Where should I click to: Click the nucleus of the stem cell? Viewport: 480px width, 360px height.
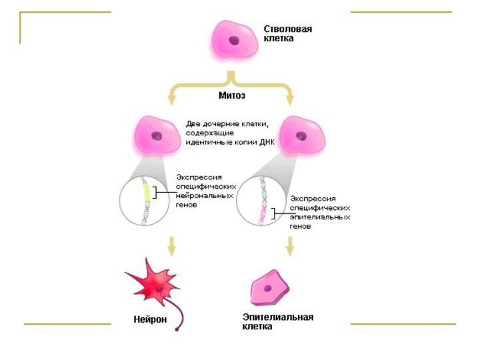pos(234,40)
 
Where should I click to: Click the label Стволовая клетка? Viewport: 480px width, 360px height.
pos(287,34)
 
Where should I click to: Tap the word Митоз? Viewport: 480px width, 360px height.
pos(232,95)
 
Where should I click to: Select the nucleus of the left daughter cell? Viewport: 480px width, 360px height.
pos(157,137)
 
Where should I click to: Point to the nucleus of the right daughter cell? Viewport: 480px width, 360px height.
pos(302,137)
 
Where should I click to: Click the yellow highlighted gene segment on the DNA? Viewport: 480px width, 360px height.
pos(146,193)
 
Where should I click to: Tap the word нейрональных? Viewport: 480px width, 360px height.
pos(205,196)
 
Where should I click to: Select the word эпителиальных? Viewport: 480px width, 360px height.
pos(320,217)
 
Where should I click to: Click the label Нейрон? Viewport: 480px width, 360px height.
pos(150,319)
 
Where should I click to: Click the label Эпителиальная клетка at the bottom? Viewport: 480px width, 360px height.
pos(277,322)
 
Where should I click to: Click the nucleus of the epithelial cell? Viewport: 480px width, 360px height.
pos(268,288)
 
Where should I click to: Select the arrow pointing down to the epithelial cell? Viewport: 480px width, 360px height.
pos(289,247)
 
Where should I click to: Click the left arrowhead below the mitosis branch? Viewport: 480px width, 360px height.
pos(171,100)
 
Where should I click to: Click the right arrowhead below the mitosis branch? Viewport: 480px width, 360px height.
pos(290,100)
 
